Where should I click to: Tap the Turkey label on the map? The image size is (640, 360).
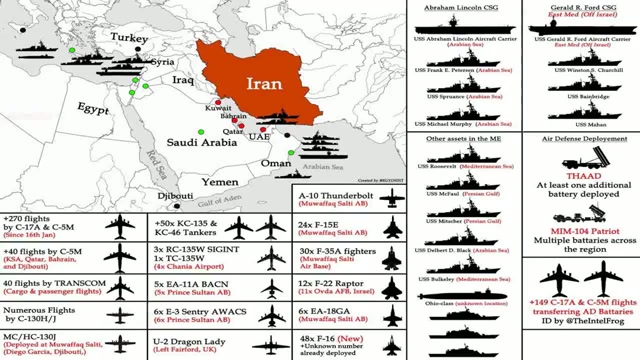[x=130, y=37]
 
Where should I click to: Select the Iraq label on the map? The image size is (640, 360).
[x=182, y=78]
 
